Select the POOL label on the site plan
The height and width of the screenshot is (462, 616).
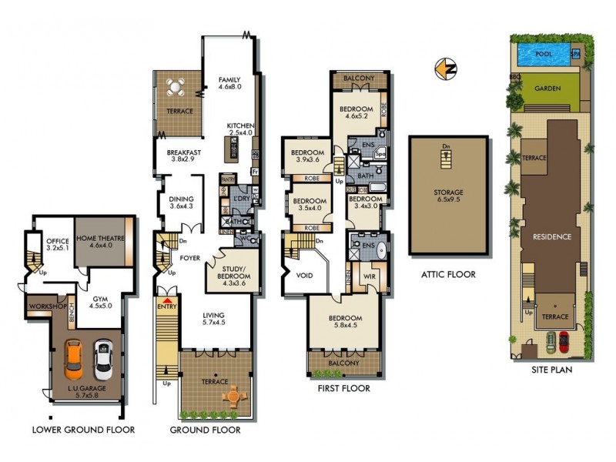[x=544, y=55]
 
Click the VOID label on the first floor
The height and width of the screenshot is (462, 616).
[x=304, y=275]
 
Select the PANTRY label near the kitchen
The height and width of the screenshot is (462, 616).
[x=228, y=179]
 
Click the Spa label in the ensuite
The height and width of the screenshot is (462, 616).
[x=380, y=152]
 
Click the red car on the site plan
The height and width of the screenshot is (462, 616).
[x=564, y=339]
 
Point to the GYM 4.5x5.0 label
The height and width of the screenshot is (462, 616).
[x=100, y=303]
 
